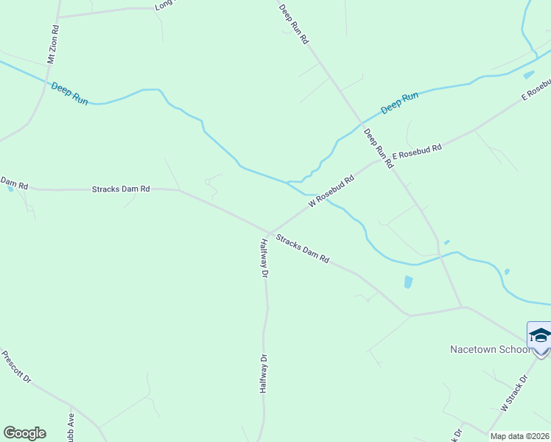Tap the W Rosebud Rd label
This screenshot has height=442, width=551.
331,190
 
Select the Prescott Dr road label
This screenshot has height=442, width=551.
16,367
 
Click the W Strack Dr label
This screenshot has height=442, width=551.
515,393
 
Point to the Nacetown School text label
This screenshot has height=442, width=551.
489,349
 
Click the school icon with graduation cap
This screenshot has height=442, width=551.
539,336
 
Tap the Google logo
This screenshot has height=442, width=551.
24,433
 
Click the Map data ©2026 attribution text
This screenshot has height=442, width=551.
520,436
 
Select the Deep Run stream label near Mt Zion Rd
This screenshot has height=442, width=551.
69,94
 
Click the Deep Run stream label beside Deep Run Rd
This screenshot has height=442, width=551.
400,103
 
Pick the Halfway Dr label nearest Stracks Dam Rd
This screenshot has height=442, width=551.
264,257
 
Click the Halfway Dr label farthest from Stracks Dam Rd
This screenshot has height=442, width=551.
262,373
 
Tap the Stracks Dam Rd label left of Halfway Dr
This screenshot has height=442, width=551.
121,189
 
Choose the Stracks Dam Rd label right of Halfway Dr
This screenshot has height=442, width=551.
302,248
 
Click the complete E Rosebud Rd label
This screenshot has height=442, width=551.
417,152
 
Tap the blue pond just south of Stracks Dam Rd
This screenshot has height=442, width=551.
408,281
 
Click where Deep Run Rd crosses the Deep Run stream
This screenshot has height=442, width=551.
361,122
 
